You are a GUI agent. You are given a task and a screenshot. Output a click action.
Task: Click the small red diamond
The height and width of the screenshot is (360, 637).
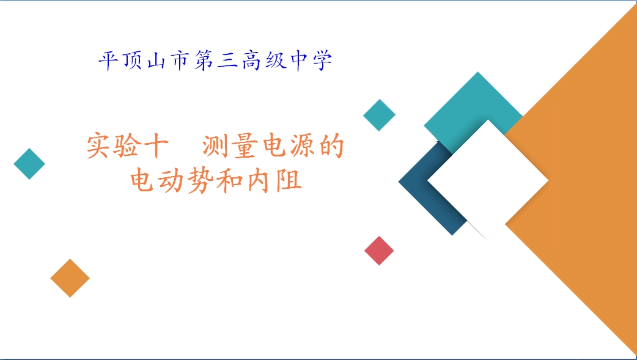click(x=379, y=251)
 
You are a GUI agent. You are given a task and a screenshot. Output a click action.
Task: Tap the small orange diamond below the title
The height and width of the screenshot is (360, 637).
click(x=70, y=278)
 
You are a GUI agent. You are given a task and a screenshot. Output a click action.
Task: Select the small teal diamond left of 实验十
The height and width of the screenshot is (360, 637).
click(x=29, y=164)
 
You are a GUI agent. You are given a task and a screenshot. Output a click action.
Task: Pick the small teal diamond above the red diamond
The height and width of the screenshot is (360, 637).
click(x=379, y=115)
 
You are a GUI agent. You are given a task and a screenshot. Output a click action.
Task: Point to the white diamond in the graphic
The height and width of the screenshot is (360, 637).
click(x=487, y=180)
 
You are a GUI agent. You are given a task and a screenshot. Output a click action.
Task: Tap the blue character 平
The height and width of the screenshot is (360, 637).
click(x=109, y=61)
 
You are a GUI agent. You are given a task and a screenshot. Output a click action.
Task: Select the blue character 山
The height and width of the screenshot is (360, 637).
click(x=156, y=62)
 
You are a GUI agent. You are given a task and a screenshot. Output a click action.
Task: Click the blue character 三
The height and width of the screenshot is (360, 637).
click(x=227, y=61)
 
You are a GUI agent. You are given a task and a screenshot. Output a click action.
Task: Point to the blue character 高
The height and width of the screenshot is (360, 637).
click(x=251, y=61)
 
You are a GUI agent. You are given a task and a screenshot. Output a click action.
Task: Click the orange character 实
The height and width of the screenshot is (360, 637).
click(x=98, y=145)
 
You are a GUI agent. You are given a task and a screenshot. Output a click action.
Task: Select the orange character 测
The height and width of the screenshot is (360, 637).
click(x=214, y=146)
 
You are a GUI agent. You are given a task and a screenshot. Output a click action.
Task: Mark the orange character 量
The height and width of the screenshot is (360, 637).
click(x=245, y=146)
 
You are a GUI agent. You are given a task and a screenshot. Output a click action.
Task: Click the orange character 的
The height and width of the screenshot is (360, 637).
click(x=332, y=145)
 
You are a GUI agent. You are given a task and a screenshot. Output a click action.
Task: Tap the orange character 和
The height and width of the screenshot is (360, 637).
click(x=229, y=180)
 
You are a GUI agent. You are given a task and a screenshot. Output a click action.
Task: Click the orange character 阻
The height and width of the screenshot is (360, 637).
click(x=289, y=180)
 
